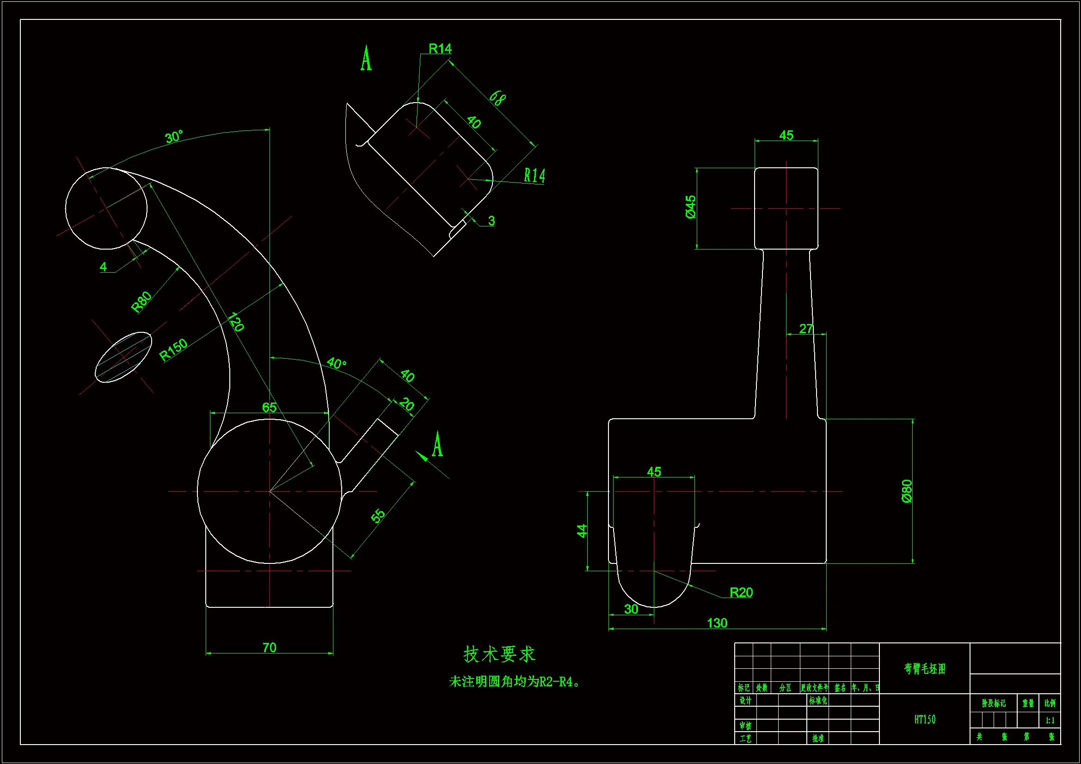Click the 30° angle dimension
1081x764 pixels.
pos(174,137)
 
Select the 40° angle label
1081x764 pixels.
pos(336,363)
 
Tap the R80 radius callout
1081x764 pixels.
pos(141,302)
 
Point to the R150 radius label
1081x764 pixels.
pos(173,350)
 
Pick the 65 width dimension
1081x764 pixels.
pos(269,407)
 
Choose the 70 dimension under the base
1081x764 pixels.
pos(269,647)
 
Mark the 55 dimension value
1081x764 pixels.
pos(378,515)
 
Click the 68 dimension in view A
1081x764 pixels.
pos(497,98)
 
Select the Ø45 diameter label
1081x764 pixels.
pos(691,207)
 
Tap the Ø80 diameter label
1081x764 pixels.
pos(907,491)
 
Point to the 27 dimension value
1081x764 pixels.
pos(806,329)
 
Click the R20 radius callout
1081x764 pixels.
pos(741,592)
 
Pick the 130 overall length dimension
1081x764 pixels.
pos(717,623)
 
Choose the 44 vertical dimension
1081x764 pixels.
pos(582,531)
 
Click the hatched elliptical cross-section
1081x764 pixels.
pos(123,357)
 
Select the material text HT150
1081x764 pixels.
pos(925,719)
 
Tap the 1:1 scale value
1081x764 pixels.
pos(1050,720)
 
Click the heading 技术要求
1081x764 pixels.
pos(499,654)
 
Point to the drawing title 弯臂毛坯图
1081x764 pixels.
pos(925,668)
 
